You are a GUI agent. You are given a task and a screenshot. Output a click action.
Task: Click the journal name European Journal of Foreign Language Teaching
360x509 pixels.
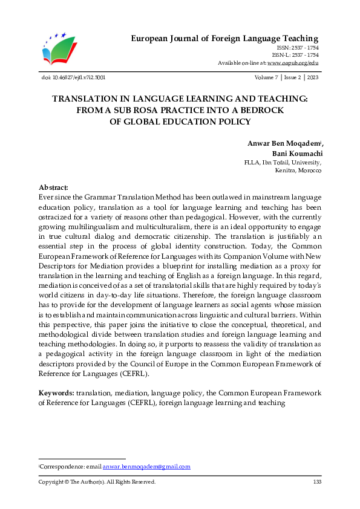pyautogui.click(x=224, y=39)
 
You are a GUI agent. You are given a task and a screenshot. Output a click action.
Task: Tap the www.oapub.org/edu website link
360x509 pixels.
pyautogui.click(x=293, y=63)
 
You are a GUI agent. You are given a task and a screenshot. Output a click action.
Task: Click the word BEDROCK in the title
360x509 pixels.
pyautogui.click(x=259, y=110)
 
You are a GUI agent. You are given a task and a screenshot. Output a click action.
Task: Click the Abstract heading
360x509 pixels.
pyautogui.click(x=53, y=189)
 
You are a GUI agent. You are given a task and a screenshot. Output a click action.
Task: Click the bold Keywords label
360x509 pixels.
pyautogui.click(x=56, y=393)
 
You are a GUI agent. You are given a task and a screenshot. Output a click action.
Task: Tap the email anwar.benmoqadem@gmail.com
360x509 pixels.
pyautogui.click(x=146, y=466)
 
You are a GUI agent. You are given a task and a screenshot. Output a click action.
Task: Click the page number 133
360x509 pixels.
pyautogui.click(x=317, y=482)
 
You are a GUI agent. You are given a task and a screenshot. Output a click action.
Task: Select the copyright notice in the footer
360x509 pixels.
pyautogui.click(x=97, y=482)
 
